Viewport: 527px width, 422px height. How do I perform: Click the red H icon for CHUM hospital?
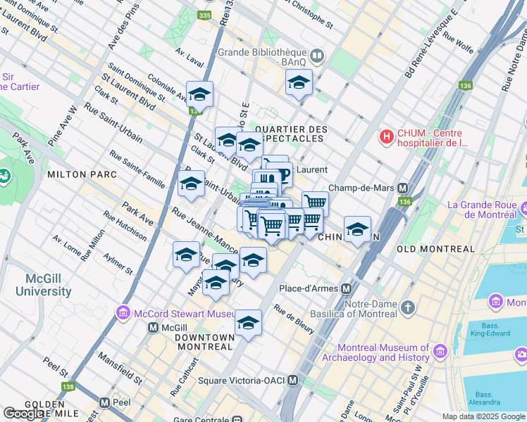[386, 136]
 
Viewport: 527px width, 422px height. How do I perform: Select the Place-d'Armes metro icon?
[347, 289]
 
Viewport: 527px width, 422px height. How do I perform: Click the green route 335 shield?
[205, 15]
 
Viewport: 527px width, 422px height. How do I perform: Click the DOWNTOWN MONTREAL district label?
[204, 343]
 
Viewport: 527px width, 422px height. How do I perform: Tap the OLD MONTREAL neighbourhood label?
[435, 249]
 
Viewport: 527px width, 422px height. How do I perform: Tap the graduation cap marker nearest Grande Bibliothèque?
[299, 83]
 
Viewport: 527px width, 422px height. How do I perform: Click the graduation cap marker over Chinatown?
[358, 229]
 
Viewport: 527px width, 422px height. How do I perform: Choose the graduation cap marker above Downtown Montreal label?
[248, 322]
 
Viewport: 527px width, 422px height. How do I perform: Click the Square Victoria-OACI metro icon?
[293, 381]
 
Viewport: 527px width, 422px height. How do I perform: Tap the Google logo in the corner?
[23, 414]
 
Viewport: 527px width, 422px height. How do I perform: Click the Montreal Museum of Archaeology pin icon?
[441, 350]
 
